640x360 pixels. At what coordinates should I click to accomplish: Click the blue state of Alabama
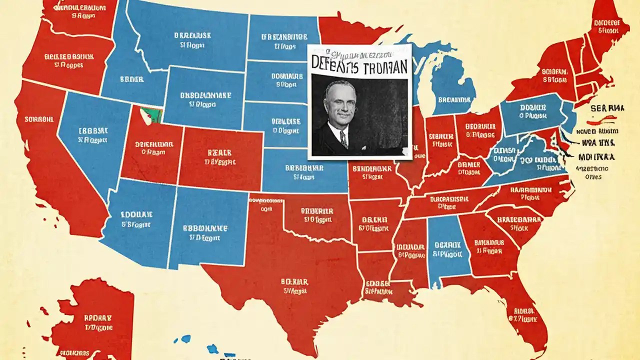click(447, 249)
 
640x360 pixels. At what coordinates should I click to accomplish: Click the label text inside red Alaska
click(98, 322)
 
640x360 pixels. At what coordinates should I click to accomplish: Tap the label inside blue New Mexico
click(205, 232)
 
